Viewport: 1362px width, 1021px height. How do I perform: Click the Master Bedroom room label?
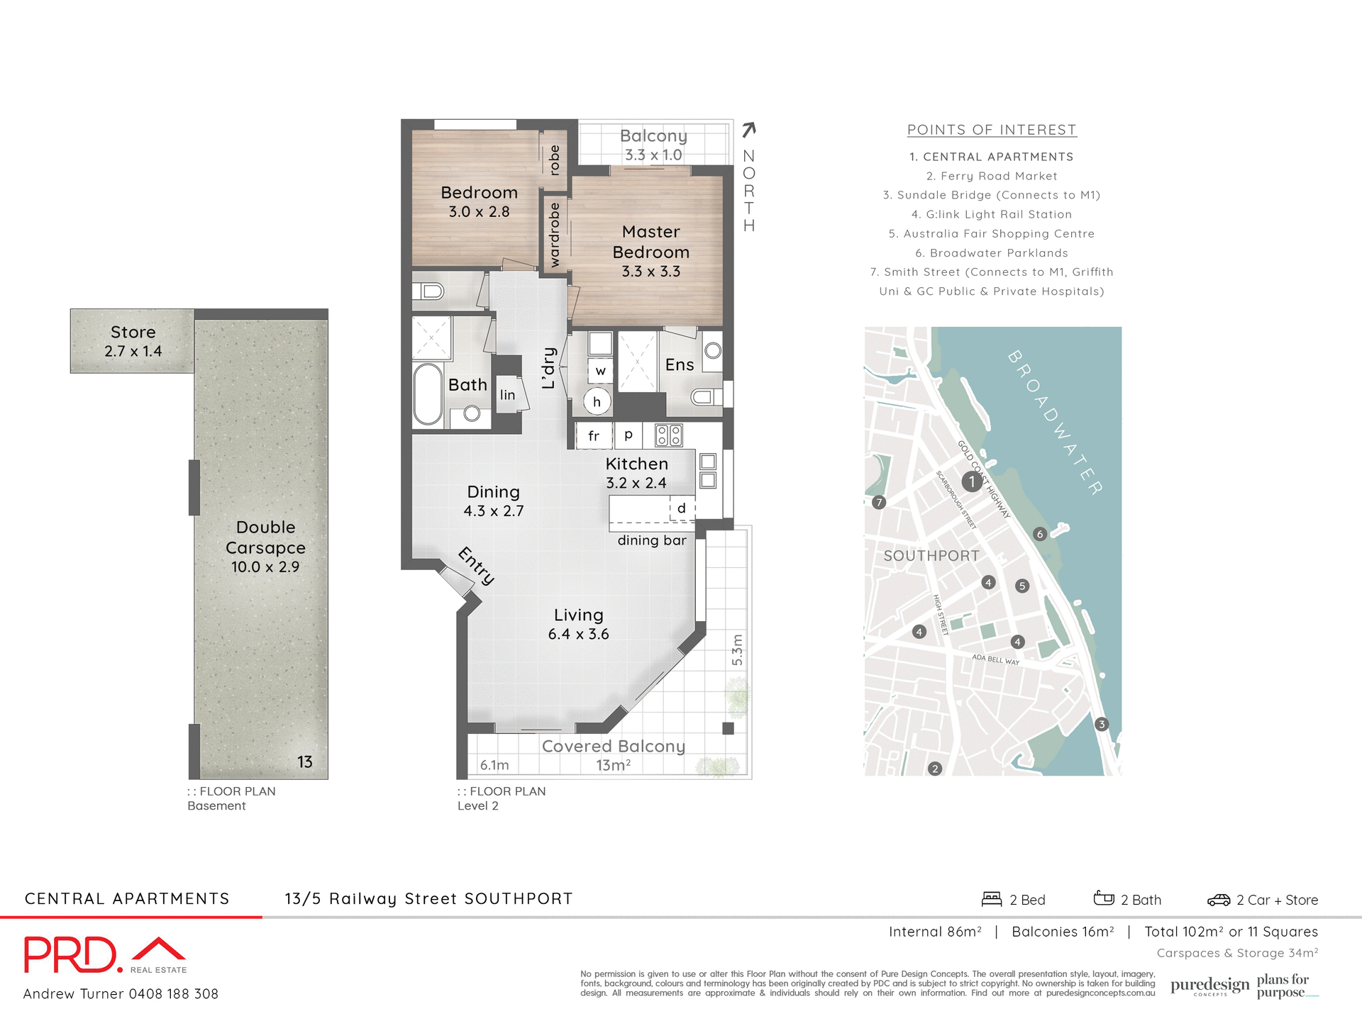tap(650, 242)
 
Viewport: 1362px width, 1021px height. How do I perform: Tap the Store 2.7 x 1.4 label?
tap(133, 341)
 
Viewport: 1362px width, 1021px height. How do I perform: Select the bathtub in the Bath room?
tap(428, 394)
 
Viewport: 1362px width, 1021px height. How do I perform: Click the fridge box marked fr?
tap(594, 435)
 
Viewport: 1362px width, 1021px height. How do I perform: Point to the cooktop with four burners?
tap(668, 435)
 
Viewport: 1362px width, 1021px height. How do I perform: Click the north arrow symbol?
tap(749, 130)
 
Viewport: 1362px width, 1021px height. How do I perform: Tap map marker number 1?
tap(972, 481)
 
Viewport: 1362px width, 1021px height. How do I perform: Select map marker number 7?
tap(879, 502)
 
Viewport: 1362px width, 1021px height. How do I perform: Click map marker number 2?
tap(935, 769)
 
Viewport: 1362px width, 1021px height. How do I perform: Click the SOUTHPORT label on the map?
tap(931, 556)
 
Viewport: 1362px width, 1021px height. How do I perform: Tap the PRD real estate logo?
tap(105, 955)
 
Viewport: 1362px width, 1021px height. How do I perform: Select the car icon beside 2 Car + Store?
tap(1218, 900)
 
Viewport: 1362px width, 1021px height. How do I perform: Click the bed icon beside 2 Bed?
tap(991, 899)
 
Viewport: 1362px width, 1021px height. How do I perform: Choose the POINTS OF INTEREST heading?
tap(992, 130)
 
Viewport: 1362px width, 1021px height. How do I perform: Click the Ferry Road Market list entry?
tap(992, 176)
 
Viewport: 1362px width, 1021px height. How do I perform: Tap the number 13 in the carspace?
tap(304, 761)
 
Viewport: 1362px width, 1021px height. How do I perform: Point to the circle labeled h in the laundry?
tap(597, 401)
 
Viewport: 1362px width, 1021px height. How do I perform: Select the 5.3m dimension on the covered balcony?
tap(737, 649)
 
